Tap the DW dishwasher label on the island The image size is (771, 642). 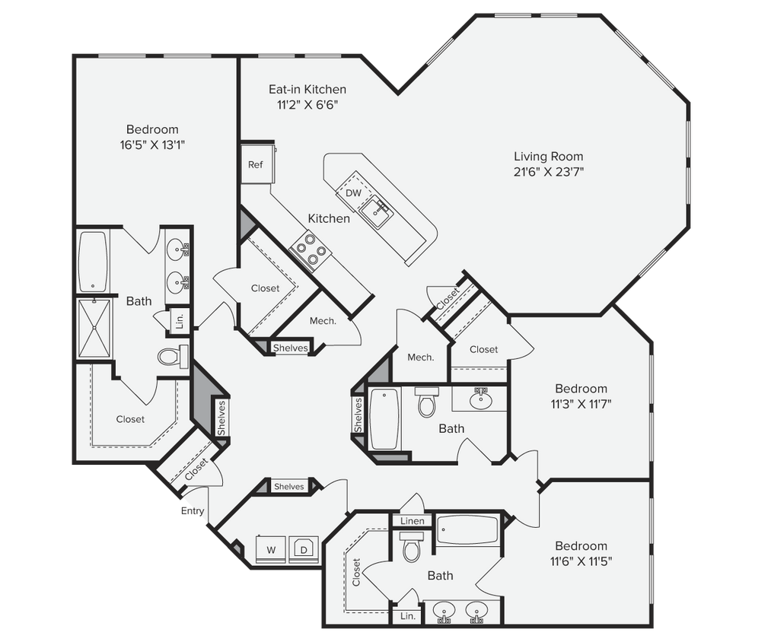click(353, 193)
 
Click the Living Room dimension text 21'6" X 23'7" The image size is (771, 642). click(549, 171)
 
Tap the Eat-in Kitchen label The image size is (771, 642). click(307, 90)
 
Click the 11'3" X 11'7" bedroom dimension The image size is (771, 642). click(581, 404)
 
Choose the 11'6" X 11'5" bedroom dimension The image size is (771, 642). click(581, 561)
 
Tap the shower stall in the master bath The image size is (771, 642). click(94, 329)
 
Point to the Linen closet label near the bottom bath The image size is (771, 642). click(412, 521)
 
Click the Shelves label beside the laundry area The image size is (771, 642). click(288, 487)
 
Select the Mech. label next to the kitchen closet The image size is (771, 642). click(323, 321)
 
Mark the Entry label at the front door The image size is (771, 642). click(192, 512)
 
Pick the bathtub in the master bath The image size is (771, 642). click(93, 261)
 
